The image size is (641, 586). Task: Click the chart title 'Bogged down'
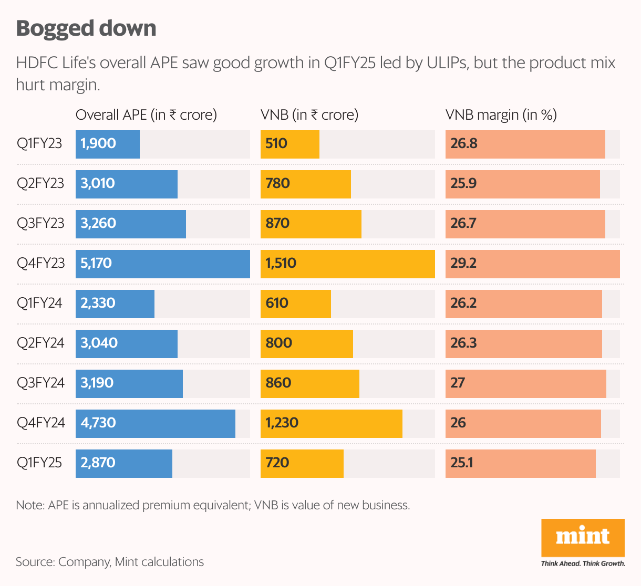[86, 28]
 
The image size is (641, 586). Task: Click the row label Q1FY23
[39, 144]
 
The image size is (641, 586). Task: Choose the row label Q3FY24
[40, 383]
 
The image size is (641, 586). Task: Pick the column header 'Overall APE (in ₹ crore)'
[146, 115]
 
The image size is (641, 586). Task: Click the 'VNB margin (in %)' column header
[501, 115]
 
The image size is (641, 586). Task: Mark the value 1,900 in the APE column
[98, 144]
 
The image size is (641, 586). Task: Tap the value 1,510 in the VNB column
[281, 263]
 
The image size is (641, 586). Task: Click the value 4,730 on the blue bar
[98, 423]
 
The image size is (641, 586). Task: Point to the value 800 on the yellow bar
[278, 343]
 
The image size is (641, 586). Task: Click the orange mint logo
[583, 537]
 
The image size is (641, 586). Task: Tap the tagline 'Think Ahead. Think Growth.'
[583, 563]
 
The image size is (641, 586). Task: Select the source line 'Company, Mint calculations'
[131, 562]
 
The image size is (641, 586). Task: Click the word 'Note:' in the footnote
[30, 505]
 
